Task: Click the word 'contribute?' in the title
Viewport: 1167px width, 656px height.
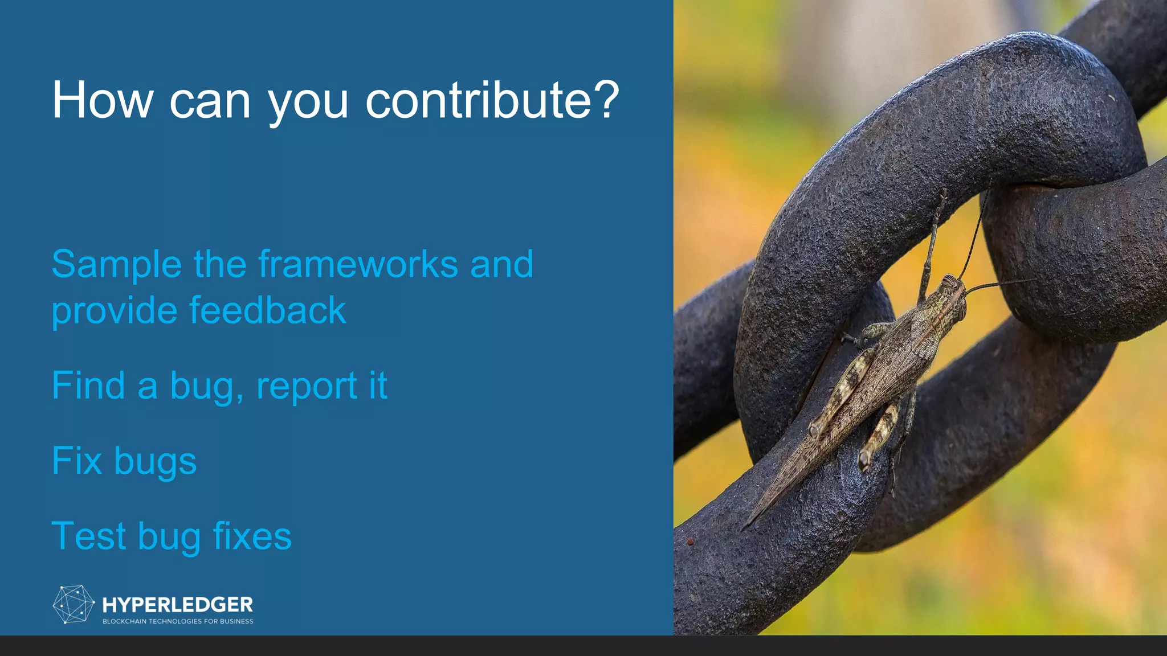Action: (491, 100)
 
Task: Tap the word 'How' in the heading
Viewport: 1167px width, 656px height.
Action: (103, 100)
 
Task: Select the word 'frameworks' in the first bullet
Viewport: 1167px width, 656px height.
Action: (358, 264)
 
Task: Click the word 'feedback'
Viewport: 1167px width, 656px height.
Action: (267, 311)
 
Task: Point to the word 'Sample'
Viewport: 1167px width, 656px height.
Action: (116, 264)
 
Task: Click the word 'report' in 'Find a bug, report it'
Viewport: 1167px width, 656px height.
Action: (307, 386)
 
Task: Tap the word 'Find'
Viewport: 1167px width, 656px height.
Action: (88, 386)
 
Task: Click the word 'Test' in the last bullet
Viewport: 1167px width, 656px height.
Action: (88, 536)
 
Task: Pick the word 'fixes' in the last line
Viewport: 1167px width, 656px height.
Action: (252, 536)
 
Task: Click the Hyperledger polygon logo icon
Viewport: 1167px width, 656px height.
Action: (73, 604)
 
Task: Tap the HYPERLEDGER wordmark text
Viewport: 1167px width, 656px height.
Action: (177, 604)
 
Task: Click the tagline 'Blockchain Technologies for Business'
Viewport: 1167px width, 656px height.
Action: (178, 621)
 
